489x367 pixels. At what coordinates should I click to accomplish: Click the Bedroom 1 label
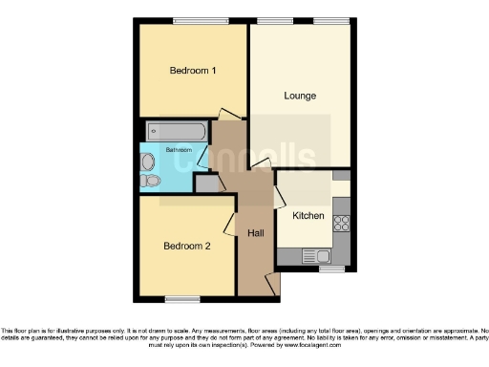click(x=193, y=71)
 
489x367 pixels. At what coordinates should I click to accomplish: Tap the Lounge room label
click(x=300, y=96)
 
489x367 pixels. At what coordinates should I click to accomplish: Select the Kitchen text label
click(x=308, y=216)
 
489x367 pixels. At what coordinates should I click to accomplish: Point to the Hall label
click(x=256, y=233)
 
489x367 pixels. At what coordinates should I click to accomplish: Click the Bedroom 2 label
click(x=186, y=246)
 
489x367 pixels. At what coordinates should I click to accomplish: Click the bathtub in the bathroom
click(x=177, y=131)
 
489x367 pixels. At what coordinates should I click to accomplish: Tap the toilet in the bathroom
click(x=149, y=180)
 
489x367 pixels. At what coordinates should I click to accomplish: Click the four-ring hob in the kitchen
click(x=341, y=223)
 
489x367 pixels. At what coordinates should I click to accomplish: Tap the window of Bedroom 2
click(x=177, y=299)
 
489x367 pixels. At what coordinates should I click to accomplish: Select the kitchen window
click(x=331, y=269)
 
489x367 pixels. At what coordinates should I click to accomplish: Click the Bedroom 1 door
click(x=229, y=116)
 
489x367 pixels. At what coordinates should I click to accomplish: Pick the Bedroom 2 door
click(x=230, y=225)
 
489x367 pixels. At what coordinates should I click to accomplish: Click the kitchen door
click(x=279, y=197)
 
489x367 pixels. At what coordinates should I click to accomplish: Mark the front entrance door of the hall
click(x=272, y=283)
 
